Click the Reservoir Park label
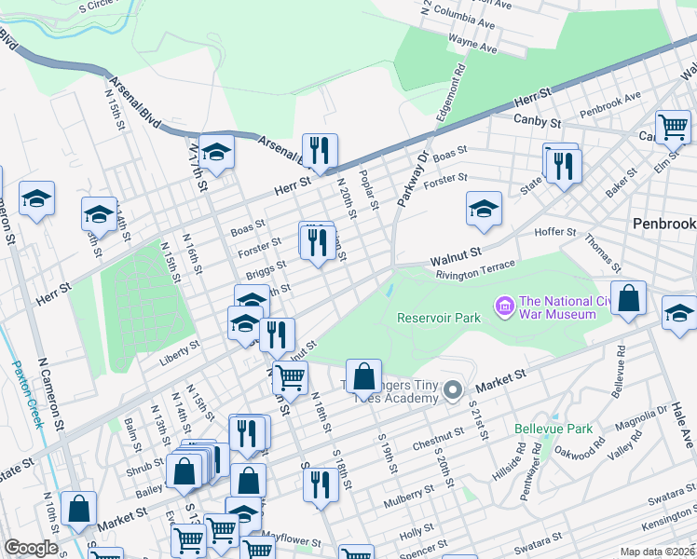[x=439, y=318]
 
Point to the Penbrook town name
[x=663, y=224]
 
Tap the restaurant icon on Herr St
[x=320, y=151]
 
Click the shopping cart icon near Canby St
[x=673, y=127]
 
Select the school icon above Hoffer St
[x=484, y=209]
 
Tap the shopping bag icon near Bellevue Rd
[x=630, y=299]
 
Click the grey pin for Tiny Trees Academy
[x=453, y=389]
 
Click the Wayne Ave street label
[x=472, y=43]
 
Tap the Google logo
[x=31, y=548]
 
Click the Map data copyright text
[x=658, y=552]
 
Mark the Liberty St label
[x=181, y=346]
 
